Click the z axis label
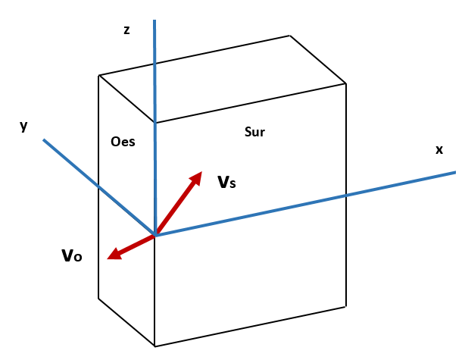126,30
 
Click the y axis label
23,126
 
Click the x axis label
438,149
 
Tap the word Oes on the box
123,141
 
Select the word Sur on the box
254,132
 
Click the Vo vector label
72,255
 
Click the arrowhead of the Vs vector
198,175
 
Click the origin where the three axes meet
155,235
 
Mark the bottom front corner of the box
155,346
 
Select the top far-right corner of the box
346,83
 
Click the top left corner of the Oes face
99,75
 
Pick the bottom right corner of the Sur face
346,306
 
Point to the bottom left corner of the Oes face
99,298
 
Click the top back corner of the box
290,36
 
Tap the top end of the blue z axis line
154,21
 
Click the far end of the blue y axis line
44,140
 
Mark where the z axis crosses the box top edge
155,123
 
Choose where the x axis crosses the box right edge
346,196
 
